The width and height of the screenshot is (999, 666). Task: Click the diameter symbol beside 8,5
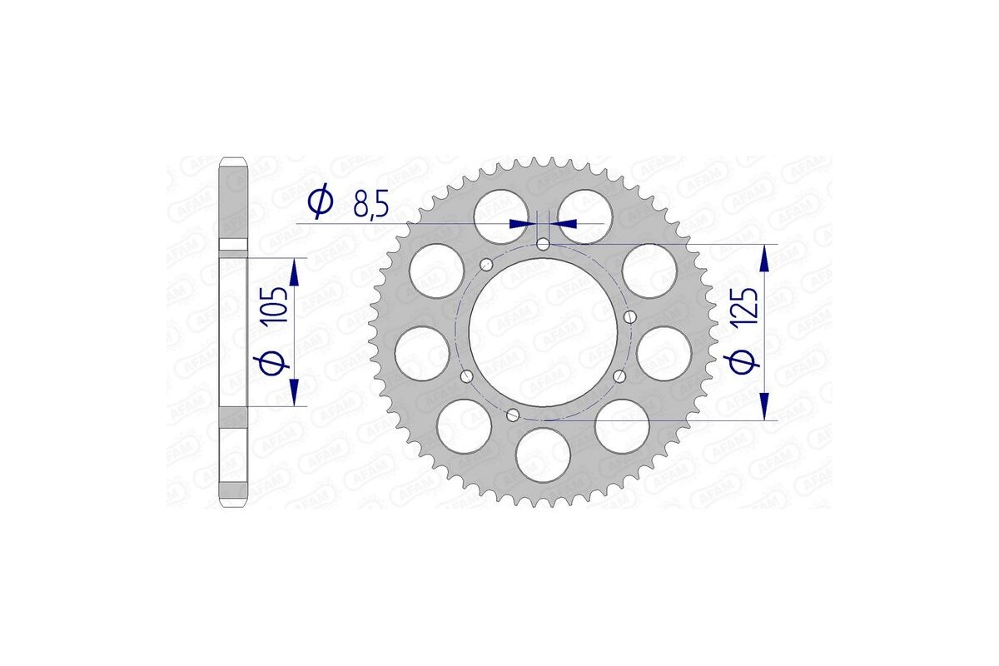[x=320, y=202]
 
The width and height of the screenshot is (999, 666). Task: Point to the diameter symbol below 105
[x=278, y=362]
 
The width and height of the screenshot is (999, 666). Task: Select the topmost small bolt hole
[x=543, y=245]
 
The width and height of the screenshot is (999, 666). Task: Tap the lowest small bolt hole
[x=514, y=415]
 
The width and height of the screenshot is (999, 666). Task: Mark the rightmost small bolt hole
[x=629, y=316]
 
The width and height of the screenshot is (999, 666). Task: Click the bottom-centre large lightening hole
[x=542, y=455]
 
